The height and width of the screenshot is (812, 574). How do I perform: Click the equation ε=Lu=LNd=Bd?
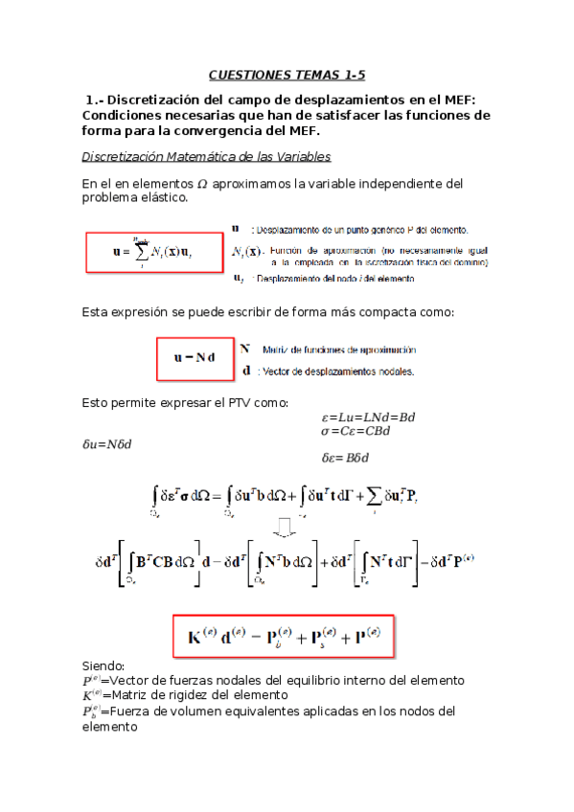pyautogui.click(x=369, y=417)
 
